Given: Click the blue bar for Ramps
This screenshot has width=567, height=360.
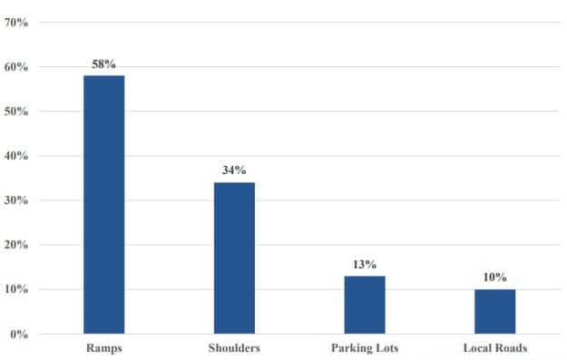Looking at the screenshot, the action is pyautogui.click(x=104, y=205).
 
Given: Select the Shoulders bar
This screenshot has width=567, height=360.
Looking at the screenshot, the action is pyautogui.click(x=234, y=258).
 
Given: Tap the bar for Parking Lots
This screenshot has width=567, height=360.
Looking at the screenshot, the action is pyautogui.click(x=365, y=305).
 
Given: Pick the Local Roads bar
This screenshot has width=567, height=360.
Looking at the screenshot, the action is pyautogui.click(x=495, y=312).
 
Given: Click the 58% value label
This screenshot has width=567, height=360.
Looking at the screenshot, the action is pyautogui.click(x=103, y=64).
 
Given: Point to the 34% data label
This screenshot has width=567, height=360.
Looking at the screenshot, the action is pyautogui.click(x=234, y=170).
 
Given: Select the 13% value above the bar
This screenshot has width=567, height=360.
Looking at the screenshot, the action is pyautogui.click(x=365, y=265).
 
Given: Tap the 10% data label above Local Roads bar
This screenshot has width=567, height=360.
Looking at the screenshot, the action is pyautogui.click(x=495, y=277).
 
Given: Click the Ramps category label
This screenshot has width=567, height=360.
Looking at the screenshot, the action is pyautogui.click(x=104, y=347).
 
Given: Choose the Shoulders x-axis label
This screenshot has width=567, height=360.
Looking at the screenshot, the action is pyautogui.click(x=234, y=347).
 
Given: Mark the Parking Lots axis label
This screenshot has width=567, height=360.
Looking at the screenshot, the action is pyautogui.click(x=365, y=347).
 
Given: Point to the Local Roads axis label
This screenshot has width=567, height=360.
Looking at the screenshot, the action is pyautogui.click(x=495, y=347).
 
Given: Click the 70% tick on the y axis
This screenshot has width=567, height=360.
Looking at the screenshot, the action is pyautogui.click(x=16, y=23).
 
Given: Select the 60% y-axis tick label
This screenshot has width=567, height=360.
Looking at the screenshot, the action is pyautogui.click(x=16, y=67).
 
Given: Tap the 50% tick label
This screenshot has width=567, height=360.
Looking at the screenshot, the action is pyautogui.click(x=16, y=112).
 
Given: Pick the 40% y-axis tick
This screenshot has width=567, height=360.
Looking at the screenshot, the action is pyautogui.click(x=16, y=156).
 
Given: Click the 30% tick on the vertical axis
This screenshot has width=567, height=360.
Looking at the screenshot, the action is pyautogui.click(x=16, y=200).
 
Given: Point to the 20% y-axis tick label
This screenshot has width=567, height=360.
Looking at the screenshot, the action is pyautogui.click(x=16, y=245).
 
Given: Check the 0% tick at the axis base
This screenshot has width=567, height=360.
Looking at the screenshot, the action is pyautogui.click(x=19, y=334).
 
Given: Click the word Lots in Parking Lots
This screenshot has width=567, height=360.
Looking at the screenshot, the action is pyautogui.click(x=386, y=347).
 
